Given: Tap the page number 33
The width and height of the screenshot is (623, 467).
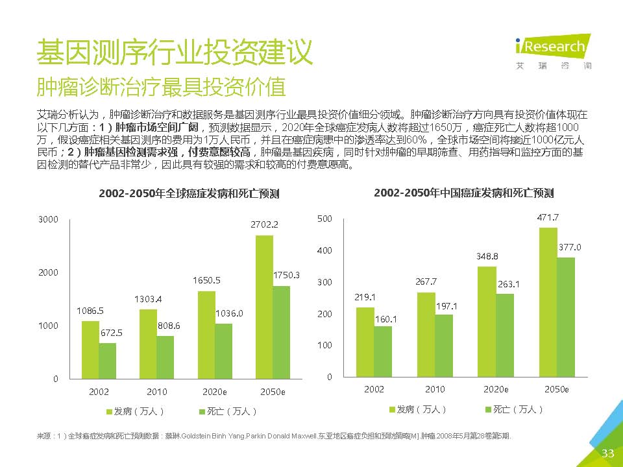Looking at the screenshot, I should tap(608, 453).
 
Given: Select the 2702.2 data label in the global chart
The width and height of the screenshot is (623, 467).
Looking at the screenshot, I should tap(265, 224).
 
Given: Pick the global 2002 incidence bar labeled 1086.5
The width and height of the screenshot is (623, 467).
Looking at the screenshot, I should tap(90, 349).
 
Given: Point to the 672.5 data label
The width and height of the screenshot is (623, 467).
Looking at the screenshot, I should tap(111, 333).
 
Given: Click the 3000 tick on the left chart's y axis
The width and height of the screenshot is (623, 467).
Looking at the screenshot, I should tap(49, 220).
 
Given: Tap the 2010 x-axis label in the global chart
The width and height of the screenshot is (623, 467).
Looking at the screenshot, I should tap(156, 392).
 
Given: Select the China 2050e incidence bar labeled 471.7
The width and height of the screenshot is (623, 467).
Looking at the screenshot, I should tap(548, 302).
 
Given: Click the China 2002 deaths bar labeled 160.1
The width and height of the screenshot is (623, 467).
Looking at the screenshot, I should tap(383, 351).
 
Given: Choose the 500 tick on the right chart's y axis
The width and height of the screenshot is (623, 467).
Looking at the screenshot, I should tap(324, 219).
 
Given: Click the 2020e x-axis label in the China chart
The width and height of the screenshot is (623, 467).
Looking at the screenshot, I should tap(496, 389).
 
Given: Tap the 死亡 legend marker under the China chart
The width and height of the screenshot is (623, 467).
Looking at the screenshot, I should tap(488, 409).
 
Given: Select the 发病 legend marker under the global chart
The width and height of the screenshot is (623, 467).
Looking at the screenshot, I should tap(109, 411).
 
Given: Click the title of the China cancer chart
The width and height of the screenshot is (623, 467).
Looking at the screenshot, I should tap(464, 193).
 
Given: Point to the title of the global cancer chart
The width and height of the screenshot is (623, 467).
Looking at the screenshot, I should tap(189, 193).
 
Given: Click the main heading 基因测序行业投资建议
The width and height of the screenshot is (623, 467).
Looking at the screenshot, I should tap(175, 52).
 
